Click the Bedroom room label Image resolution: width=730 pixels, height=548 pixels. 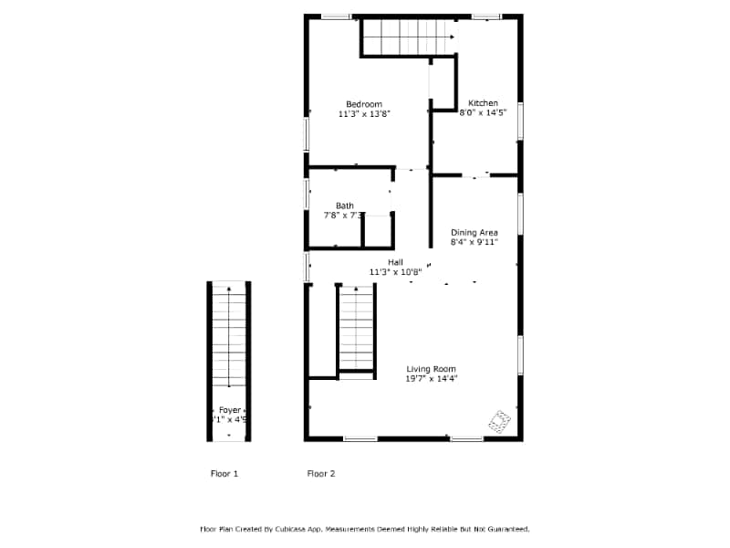[x=363, y=104]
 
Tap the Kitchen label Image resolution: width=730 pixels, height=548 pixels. [x=483, y=103]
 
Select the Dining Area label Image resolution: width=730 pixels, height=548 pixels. [x=474, y=233]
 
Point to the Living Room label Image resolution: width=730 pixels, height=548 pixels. [x=432, y=369]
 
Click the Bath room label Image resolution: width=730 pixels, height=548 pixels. [x=344, y=205]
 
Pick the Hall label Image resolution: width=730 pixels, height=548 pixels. [x=395, y=262]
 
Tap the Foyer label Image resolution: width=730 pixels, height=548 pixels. [x=229, y=410]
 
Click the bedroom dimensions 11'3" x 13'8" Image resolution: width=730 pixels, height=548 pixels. [x=364, y=114]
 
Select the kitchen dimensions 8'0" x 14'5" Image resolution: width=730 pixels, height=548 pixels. [x=483, y=113]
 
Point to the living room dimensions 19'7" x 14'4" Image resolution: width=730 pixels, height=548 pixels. [x=432, y=378]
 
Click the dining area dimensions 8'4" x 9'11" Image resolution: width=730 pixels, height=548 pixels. [x=474, y=243]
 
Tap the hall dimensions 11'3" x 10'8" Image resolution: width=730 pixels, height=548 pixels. [x=395, y=272]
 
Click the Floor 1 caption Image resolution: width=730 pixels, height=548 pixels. [x=224, y=474]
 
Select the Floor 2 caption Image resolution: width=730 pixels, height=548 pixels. [x=321, y=474]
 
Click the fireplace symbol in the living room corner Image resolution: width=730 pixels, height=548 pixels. [x=499, y=420]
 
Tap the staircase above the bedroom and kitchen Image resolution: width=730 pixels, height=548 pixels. [x=408, y=37]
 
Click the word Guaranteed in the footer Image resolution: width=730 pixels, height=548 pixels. [x=506, y=529]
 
